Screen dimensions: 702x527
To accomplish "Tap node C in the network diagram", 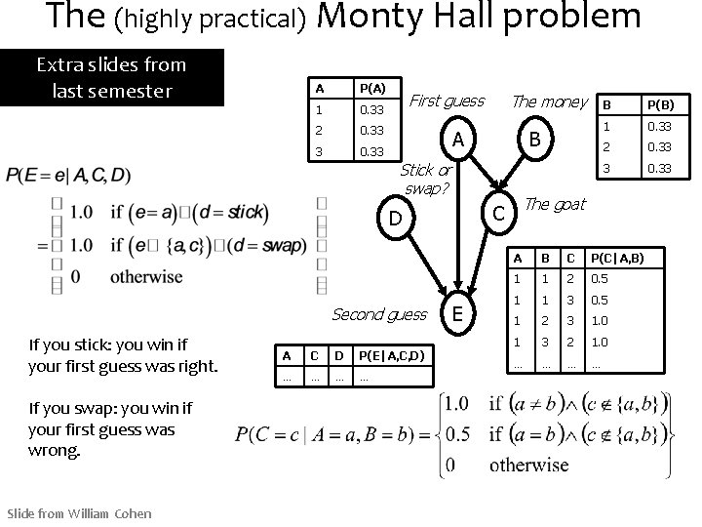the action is (498, 212).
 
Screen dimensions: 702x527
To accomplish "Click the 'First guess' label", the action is (447, 101).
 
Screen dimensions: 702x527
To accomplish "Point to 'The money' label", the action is (550, 101).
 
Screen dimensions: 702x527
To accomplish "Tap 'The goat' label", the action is (555, 204).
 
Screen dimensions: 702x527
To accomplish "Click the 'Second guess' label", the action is (379, 314).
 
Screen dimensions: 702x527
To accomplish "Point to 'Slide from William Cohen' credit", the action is (79, 513).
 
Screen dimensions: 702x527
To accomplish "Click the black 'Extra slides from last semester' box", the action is (111, 77).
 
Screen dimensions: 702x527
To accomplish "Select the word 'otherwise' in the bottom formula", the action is (528, 465).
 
